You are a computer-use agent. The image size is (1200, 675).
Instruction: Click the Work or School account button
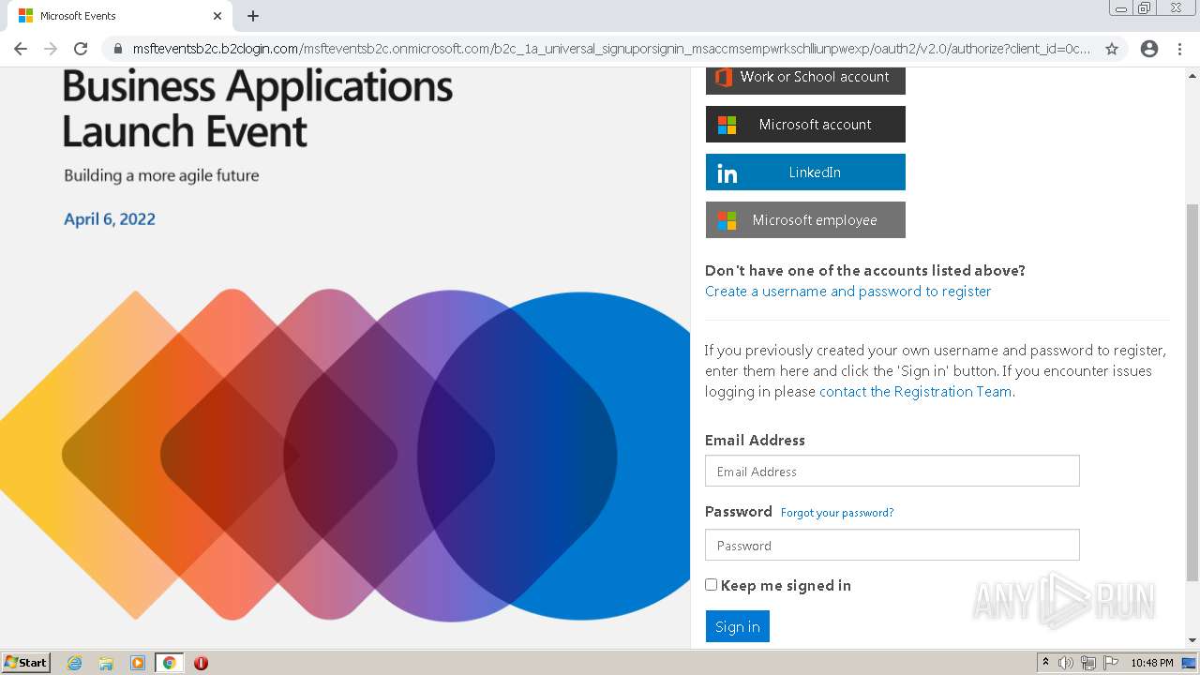(x=805, y=79)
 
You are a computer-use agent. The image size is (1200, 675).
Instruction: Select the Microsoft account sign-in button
(x=805, y=124)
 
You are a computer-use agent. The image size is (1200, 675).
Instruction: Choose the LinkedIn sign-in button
(x=805, y=172)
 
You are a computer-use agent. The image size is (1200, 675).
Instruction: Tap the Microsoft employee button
(x=805, y=220)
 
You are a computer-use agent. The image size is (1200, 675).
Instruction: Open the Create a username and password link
(x=847, y=292)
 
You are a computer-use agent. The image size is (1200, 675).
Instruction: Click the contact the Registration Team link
(x=915, y=392)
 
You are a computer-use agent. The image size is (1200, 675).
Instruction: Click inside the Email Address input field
(x=892, y=471)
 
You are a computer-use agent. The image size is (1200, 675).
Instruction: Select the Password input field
(x=892, y=545)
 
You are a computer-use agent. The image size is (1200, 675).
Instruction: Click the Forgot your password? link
(x=836, y=513)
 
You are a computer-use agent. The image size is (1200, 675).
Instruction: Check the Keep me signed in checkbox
(x=712, y=585)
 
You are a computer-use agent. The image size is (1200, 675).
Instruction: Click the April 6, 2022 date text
(x=110, y=219)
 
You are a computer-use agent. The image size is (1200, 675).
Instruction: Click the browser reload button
(x=81, y=49)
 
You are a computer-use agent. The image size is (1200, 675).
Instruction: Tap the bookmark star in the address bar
(x=1112, y=49)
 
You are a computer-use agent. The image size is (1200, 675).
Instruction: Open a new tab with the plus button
(x=253, y=16)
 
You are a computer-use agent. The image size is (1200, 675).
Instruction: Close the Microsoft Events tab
(x=217, y=16)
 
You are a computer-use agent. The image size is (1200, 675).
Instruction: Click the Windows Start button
(x=25, y=663)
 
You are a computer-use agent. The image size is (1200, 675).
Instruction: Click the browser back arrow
(x=21, y=49)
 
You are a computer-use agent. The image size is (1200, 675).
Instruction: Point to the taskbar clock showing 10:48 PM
(x=1151, y=663)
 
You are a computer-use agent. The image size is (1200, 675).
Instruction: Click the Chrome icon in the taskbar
(x=169, y=663)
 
